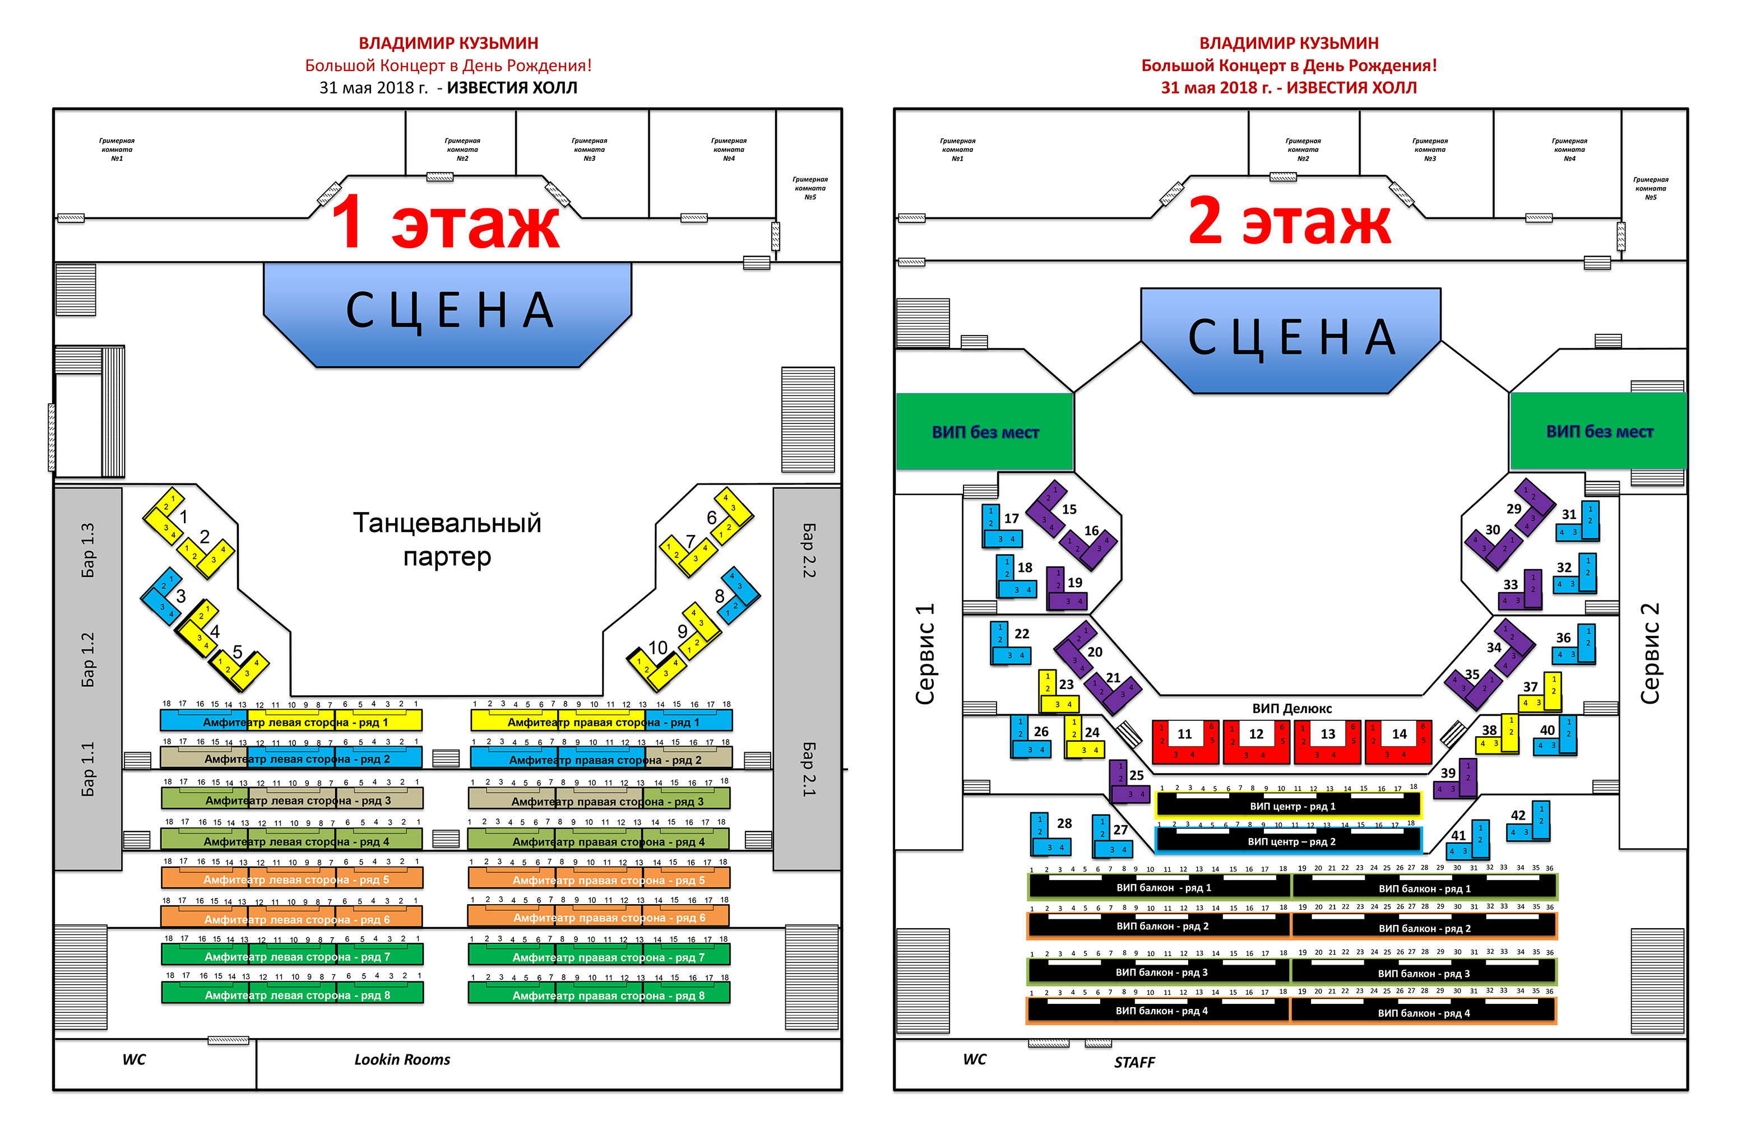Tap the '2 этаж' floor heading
[x=1289, y=221]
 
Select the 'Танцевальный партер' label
[x=447, y=539]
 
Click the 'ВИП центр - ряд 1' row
[x=1289, y=806]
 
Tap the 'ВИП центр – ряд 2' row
[x=1289, y=841]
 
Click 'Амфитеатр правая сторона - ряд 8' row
[x=599, y=994]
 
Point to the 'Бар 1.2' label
[x=88, y=659]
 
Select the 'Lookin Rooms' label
[x=402, y=1059]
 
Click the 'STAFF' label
[x=1134, y=1062]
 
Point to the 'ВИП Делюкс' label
[x=1291, y=708]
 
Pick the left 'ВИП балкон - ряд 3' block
[x=1159, y=972]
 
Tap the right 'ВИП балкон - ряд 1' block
[x=1424, y=888]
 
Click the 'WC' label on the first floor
[x=134, y=1059]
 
